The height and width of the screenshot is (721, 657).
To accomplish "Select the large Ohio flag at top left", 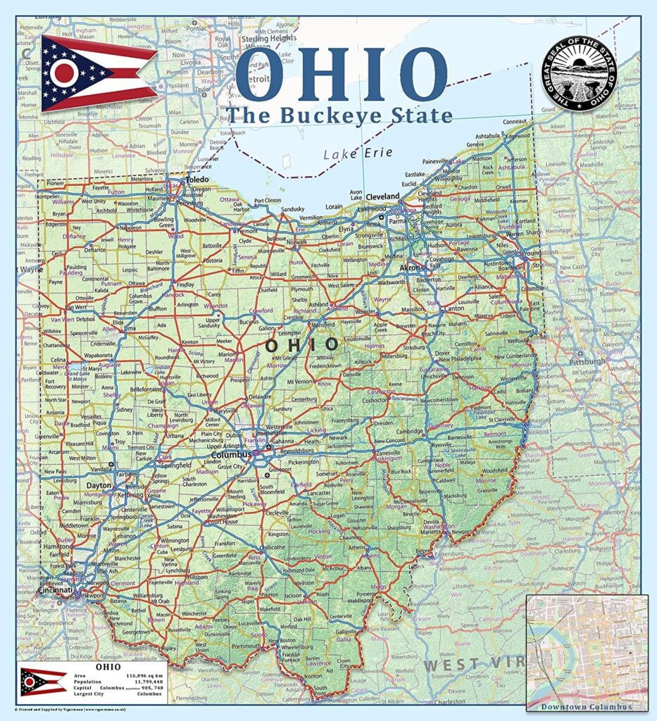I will point(97,73).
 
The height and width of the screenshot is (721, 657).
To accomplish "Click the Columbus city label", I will point(231,455).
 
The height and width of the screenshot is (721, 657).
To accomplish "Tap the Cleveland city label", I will point(382,196).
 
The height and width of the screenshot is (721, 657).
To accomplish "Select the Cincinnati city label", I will point(59,590).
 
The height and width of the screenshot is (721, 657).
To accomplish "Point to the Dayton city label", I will point(99,486).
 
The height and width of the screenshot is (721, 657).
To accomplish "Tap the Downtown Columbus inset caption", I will point(587,707).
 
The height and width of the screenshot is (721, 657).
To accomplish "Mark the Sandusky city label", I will point(292,209).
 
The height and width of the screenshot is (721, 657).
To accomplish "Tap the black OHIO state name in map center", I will point(301,344).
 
